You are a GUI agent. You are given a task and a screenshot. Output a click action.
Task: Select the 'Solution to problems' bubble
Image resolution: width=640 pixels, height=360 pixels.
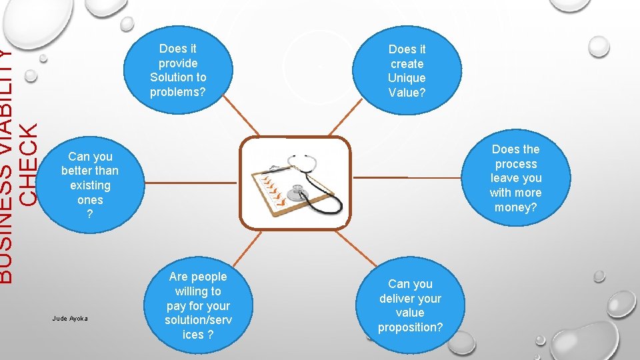(x=178, y=70)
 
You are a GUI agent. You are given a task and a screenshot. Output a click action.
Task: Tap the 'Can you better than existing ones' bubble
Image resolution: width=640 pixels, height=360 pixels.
(x=89, y=185)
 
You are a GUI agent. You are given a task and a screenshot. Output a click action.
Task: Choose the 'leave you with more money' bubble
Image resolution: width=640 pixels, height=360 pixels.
(x=515, y=178)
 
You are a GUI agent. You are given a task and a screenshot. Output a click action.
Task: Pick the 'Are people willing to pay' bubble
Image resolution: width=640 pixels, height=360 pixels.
(x=198, y=305)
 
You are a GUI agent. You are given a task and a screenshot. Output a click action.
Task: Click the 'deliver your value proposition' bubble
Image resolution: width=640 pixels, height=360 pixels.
(x=410, y=305)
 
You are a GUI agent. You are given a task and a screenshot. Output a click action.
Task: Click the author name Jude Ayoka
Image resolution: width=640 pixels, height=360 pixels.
(x=70, y=319)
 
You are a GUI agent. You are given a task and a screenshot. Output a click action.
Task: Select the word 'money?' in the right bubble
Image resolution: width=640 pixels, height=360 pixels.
(x=515, y=207)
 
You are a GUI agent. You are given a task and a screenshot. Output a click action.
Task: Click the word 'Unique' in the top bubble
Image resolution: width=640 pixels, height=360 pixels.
(x=407, y=78)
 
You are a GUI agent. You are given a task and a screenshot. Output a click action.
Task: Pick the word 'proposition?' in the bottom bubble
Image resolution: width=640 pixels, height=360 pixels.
(x=410, y=327)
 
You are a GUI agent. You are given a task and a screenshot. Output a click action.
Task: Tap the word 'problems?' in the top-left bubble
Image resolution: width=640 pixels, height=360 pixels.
(x=178, y=92)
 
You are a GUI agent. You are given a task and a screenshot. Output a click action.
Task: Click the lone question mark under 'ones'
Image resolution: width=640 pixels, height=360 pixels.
(x=90, y=214)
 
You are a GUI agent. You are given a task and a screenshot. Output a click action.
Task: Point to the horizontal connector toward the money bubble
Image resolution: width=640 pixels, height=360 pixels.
(x=407, y=178)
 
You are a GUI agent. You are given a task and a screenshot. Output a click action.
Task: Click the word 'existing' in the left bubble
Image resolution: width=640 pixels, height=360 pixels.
(x=90, y=185)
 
